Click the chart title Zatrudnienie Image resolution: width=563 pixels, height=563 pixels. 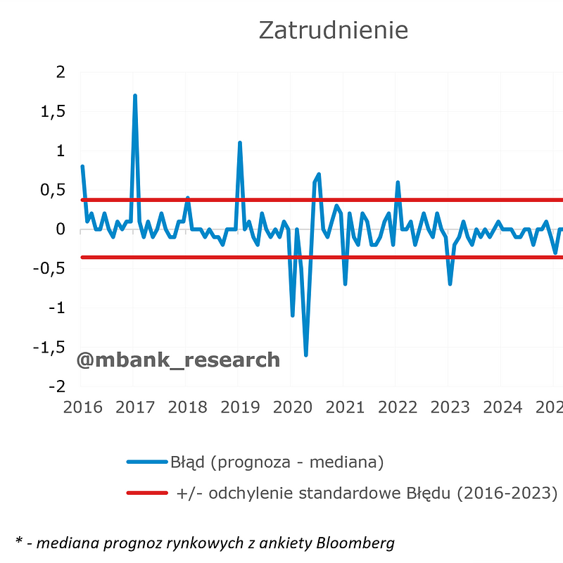(333, 30)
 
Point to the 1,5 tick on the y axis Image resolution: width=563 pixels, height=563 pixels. (53, 112)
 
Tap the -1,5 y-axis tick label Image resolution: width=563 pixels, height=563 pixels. (49, 348)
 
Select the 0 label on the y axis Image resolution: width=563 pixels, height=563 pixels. (61, 229)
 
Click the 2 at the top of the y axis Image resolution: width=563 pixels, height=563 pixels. (61, 72)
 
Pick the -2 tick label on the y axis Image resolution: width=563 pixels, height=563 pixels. (58, 386)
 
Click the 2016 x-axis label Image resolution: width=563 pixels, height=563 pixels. (82, 407)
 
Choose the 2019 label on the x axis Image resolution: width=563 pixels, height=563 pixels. (240, 407)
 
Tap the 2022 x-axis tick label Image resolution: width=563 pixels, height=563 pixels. (398, 407)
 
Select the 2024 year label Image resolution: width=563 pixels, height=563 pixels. (502, 407)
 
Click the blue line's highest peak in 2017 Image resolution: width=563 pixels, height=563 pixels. (135, 96)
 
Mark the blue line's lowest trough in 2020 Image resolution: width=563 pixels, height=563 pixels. (306, 355)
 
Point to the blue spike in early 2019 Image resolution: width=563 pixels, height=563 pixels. (240, 144)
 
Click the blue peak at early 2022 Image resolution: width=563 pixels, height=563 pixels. (398, 183)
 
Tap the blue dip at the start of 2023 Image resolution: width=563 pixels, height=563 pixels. (450, 284)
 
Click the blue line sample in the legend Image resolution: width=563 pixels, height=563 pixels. (147, 462)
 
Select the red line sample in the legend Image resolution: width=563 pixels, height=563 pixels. (147, 493)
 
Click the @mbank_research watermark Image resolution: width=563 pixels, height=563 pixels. (178, 360)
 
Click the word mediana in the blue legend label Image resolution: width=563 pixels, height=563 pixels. (347, 462)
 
